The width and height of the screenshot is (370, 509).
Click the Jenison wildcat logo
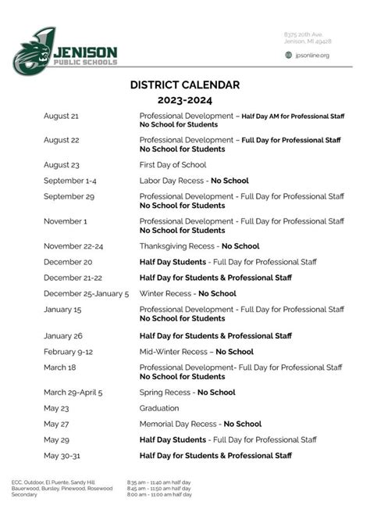(33, 48)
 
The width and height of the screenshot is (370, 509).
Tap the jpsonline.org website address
(312, 55)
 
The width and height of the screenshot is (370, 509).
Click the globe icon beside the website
(288, 55)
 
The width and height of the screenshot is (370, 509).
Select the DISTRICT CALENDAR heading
(184, 84)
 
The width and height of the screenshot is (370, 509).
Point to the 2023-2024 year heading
(184, 100)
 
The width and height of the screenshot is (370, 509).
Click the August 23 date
(62, 165)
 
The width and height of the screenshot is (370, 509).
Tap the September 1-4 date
(70, 181)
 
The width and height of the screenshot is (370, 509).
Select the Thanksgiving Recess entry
(199, 246)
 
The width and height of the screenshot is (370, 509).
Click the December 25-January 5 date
(86, 294)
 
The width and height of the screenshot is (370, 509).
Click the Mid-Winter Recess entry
(196, 352)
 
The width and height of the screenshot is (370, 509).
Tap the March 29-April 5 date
(84, 393)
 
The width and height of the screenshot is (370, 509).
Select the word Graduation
(159, 408)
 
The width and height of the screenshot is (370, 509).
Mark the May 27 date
(57, 424)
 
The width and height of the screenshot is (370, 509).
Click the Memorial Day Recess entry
(201, 424)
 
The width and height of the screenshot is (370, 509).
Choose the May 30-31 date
(63, 455)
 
